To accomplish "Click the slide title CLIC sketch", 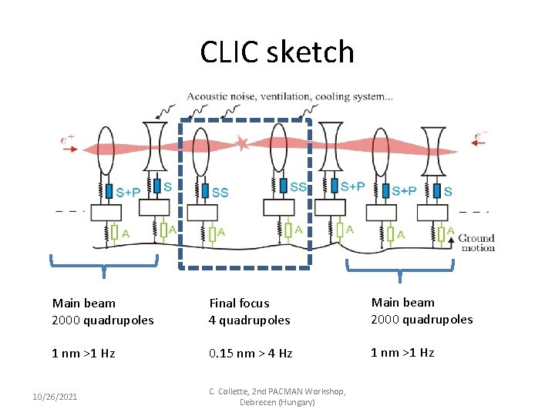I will [x=277, y=52].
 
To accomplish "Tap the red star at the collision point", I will [x=244, y=143].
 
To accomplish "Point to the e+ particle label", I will [x=69, y=139].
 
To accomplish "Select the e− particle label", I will [x=480, y=136].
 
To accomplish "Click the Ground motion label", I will [x=476, y=243].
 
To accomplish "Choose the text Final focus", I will [x=239, y=304].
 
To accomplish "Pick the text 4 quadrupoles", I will [x=249, y=320].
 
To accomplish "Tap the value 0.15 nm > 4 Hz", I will [x=251, y=354].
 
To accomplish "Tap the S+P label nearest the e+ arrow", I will [x=128, y=191].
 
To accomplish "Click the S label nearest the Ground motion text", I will [x=449, y=190].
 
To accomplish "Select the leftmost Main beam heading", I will [x=83, y=304].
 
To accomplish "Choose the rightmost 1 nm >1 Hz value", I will [x=402, y=353].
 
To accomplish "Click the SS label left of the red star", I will [x=220, y=192].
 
